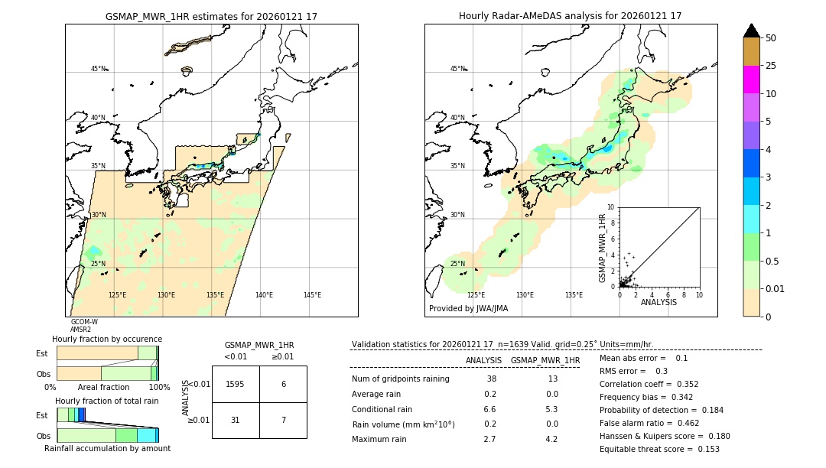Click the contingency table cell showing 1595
[x=236, y=384]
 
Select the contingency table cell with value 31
[x=236, y=421]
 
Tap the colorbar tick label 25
[x=772, y=66]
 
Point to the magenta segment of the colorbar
[x=751, y=80]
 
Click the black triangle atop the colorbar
[x=751, y=31]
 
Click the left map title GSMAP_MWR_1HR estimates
[x=211, y=16]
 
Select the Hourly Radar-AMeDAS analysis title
[x=570, y=16]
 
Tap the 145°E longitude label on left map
[x=312, y=295]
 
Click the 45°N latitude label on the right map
[x=457, y=69]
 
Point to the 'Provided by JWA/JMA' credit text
[x=468, y=309]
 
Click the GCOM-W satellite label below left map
[x=84, y=322]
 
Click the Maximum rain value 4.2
[x=551, y=439]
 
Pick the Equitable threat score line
[x=659, y=449]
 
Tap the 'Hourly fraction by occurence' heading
[x=106, y=339]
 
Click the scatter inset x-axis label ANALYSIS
[x=659, y=302]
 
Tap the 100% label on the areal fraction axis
[x=158, y=388]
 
